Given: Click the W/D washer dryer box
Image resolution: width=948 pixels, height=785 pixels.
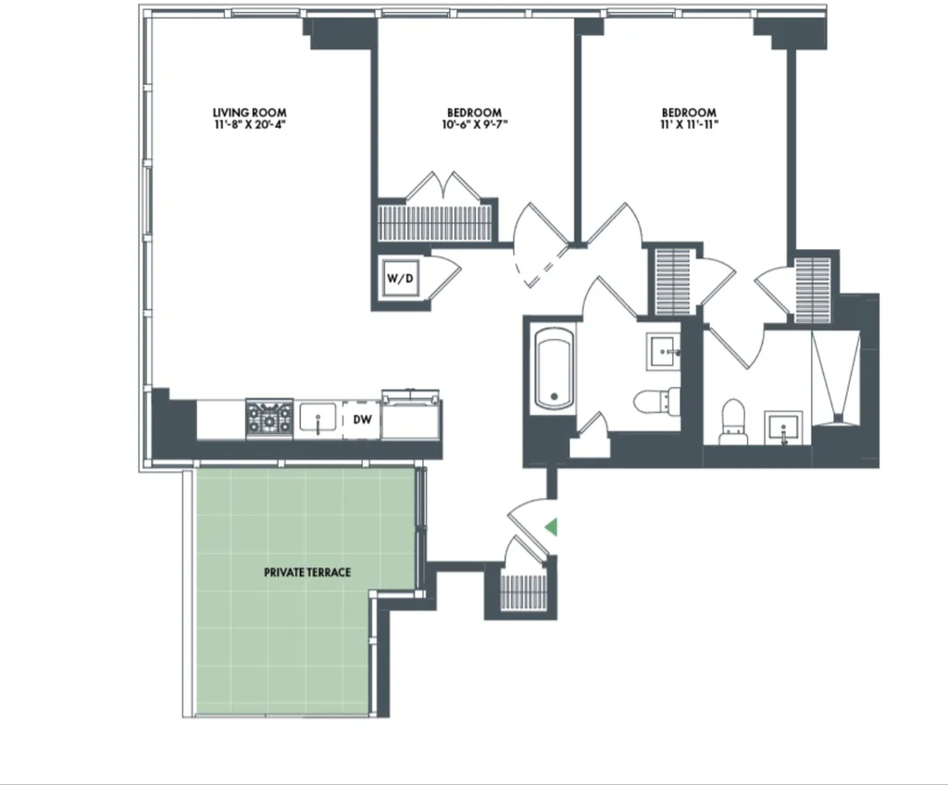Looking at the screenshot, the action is tap(401, 278).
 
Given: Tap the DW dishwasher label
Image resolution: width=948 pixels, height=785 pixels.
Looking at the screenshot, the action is tap(362, 419).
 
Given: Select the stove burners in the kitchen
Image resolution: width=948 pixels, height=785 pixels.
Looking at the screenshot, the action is tap(269, 418).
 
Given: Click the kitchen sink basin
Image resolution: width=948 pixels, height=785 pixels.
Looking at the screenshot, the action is tap(318, 417).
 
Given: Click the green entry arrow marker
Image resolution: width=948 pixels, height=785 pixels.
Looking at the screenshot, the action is tap(551, 528).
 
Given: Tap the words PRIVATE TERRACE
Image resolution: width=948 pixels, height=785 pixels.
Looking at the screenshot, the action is tap(307, 572).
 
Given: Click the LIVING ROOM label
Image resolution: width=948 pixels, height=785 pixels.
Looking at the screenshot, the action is tap(250, 113).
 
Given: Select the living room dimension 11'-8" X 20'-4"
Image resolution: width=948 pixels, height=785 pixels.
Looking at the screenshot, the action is tap(250, 125).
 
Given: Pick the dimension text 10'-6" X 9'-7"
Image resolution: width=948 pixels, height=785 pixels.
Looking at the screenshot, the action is tap(475, 125).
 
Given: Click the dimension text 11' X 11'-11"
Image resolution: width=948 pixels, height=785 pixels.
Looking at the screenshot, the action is tap(689, 125).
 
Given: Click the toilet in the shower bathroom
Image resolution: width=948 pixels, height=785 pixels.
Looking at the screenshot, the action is tap(733, 421).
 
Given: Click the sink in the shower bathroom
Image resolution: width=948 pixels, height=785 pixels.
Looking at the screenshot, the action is tap(783, 428).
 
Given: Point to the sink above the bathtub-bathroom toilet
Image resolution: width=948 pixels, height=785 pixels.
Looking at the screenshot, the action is tap(664, 351).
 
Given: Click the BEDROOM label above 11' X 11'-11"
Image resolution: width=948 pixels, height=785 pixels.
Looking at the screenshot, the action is tap(689, 113).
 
